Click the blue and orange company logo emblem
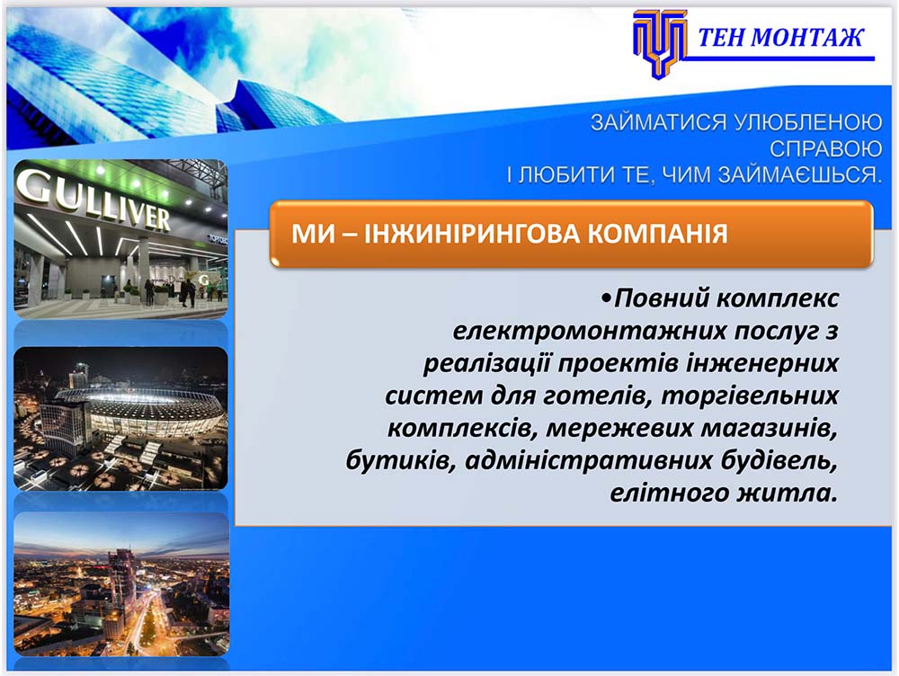coord(659,43)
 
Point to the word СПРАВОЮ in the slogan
coord(825,149)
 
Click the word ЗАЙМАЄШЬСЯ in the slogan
coord(799,175)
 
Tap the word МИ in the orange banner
coord(309,234)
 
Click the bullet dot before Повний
coord(607,298)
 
